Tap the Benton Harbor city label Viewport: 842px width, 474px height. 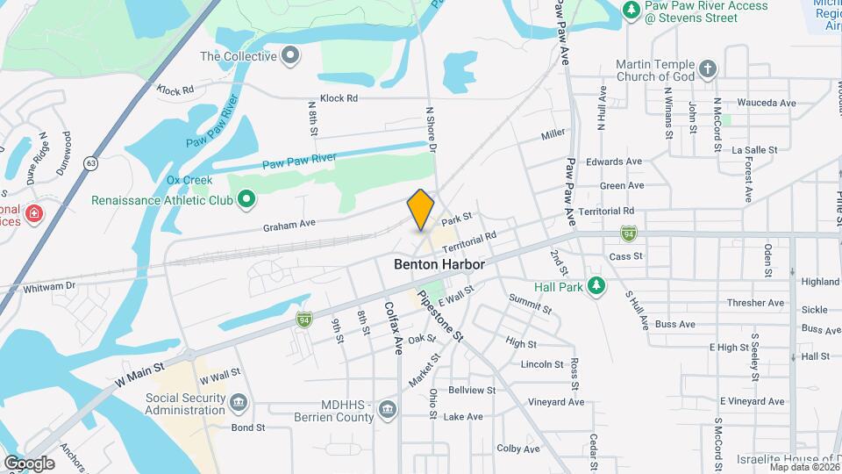point(438,262)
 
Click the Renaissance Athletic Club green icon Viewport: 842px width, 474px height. point(246,200)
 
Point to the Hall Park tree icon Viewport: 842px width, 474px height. point(596,286)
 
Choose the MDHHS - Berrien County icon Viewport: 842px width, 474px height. point(388,409)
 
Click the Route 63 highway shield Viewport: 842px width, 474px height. point(90,164)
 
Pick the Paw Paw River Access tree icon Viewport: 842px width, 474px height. point(631,9)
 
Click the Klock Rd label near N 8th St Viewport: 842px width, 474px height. point(339,98)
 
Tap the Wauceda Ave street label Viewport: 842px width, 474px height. point(766,103)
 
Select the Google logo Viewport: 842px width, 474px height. point(29,463)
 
